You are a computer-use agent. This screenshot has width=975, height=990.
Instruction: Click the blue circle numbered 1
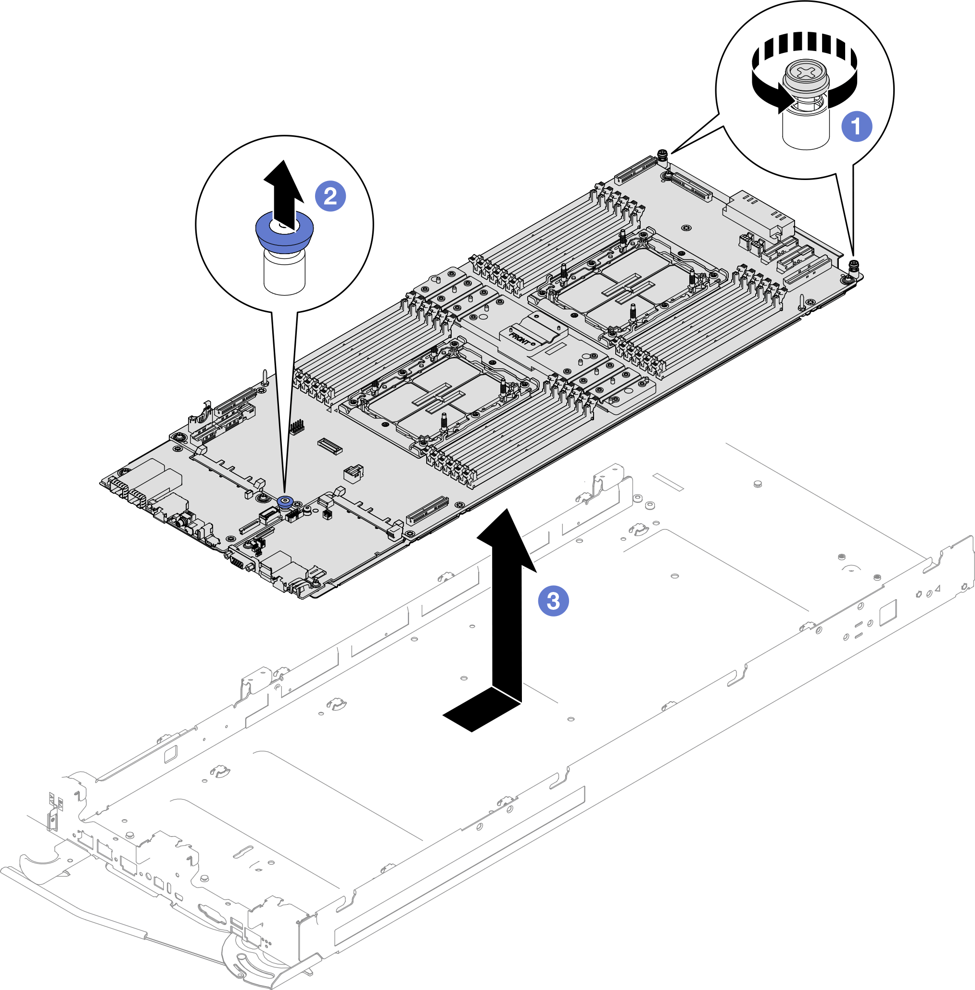tap(857, 126)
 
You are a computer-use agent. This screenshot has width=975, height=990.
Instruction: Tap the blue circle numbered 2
tap(330, 196)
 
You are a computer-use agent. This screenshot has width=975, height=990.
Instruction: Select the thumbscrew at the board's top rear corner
tap(663, 154)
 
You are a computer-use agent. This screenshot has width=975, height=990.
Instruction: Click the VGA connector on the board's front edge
tap(238, 562)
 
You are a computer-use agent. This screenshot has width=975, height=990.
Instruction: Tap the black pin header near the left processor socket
tap(296, 426)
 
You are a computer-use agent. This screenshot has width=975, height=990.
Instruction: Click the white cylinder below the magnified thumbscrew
tap(806, 130)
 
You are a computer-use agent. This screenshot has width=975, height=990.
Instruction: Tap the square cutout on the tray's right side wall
tap(887, 612)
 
